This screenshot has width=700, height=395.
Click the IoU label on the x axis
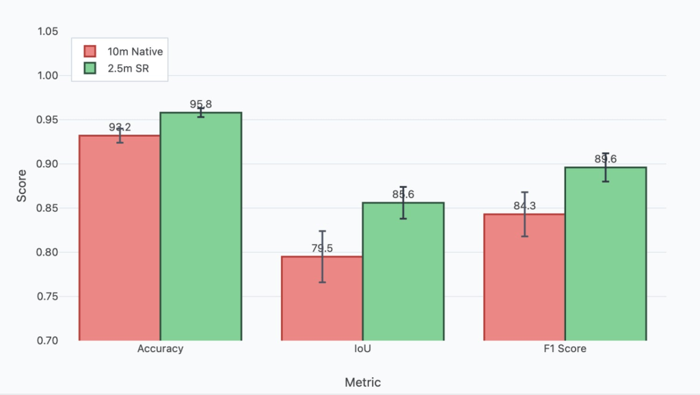coord(362,349)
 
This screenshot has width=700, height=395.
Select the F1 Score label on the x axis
coord(565,349)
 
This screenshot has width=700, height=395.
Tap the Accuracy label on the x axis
coord(160,349)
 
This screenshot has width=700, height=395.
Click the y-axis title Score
coord(22,186)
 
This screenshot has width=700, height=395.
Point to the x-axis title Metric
coord(362,382)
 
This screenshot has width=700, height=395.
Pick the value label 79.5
coord(322,249)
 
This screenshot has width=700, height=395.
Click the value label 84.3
coord(524,206)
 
